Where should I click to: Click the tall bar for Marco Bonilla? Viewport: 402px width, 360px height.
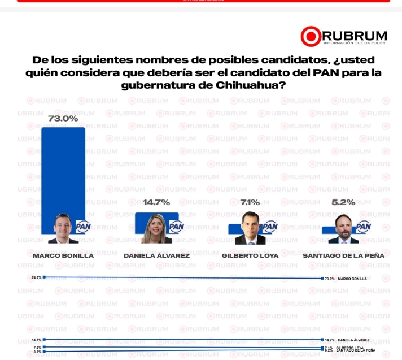[x=63, y=170]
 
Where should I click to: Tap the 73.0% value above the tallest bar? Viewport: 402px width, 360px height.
[x=63, y=119]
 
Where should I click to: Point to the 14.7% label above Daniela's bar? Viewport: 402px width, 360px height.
[x=156, y=202]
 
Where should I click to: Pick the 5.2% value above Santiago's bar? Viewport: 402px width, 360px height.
[x=343, y=202]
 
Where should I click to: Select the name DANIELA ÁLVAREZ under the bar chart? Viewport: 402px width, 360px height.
[x=156, y=255]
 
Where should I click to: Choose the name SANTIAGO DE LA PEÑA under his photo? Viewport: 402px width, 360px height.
[x=343, y=255]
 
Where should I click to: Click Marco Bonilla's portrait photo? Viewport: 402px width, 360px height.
[x=63, y=229]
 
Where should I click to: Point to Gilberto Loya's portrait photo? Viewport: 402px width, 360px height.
[x=250, y=228]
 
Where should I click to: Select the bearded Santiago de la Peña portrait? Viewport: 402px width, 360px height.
[x=343, y=229]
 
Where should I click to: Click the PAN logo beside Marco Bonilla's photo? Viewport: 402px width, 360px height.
[x=82, y=227]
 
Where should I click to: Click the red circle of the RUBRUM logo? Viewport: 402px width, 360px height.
[x=311, y=36]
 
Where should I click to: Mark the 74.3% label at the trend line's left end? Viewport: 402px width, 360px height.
[x=37, y=278]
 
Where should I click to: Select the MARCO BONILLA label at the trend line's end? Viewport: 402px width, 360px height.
[x=352, y=279]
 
